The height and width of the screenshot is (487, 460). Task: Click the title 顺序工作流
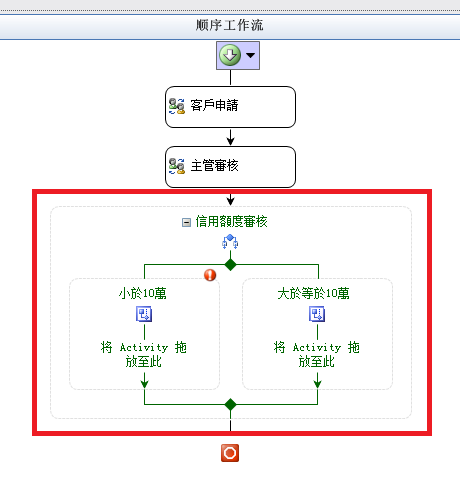(x=229, y=25)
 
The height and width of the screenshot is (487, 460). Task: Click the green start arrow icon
(x=230, y=55)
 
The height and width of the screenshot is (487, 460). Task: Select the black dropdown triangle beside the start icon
(x=251, y=55)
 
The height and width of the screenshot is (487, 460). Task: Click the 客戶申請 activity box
(x=230, y=107)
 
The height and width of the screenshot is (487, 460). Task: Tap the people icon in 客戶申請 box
(x=177, y=106)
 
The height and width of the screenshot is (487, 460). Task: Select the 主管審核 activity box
(x=230, y=167)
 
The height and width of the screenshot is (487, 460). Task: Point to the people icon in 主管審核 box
(x=177, y=166)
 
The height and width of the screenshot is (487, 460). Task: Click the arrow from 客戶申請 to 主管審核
(x=230, y=137)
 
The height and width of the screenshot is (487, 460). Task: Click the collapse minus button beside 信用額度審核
(x=186, y=222)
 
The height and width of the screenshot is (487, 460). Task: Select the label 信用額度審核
(x=231, y=222)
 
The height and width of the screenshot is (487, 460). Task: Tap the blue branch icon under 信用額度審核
(x=230, y=242)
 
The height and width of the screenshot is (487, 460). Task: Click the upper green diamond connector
(x=230, y=265)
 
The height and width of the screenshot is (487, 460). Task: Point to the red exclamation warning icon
(x=210, y=275)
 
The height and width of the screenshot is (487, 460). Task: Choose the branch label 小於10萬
(x=143, y=293)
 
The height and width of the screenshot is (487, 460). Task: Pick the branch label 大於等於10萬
(x=313, y=293)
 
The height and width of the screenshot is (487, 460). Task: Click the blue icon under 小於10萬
(x=144, y=314)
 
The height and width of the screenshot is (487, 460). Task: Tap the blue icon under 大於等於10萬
(x=317, y=314)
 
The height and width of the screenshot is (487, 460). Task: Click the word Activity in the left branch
(x=144, y=348)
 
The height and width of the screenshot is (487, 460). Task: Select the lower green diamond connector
(x=230, y=405)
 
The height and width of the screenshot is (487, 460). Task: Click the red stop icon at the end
(x=230, y=453)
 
